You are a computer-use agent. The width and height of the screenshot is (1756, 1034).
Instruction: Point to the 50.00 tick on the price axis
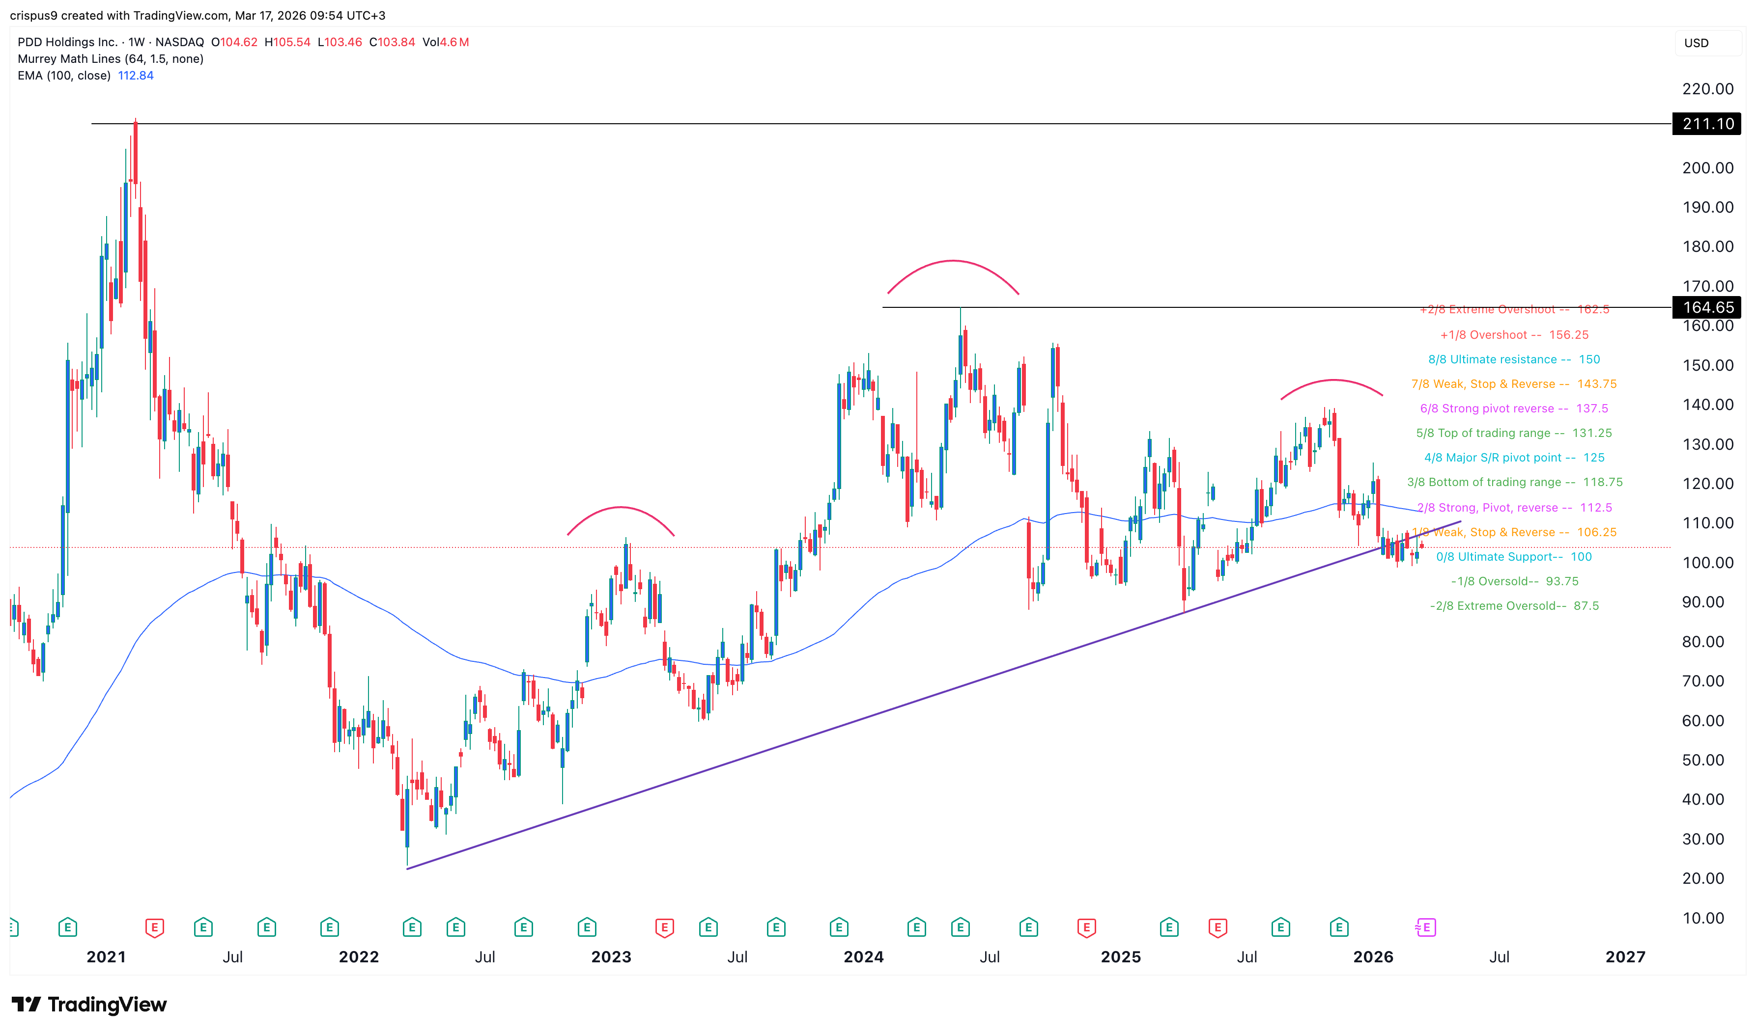(x=1702, y=760)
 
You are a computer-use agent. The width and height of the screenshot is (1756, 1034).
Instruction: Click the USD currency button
(x=1697, y=43)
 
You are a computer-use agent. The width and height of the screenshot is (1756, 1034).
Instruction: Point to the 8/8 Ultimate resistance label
(x=1513, y=359)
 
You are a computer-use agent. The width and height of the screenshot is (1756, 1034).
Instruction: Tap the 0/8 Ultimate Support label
(x=1513, y=557)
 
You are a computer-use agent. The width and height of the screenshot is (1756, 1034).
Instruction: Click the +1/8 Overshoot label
(x=1513, y=335)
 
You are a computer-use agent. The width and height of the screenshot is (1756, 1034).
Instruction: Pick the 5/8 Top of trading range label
(x=1513, y=434)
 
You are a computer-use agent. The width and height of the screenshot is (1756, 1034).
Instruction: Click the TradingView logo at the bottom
(x=89, y=1005)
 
